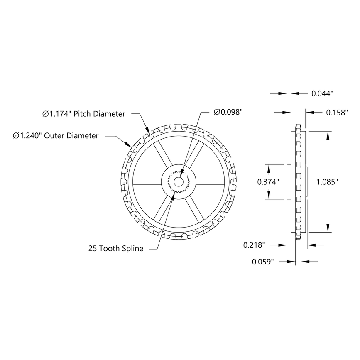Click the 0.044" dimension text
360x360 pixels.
[323, 94]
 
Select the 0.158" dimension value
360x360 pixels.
[336, 113]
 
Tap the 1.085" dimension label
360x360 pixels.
[328, 182]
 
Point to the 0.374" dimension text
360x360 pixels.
[268, 182]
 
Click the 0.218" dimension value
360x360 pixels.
[254, 245]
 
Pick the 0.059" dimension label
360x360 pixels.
[263, 262]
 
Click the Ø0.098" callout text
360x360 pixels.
[228, 112]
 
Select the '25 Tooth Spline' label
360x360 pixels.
[116, 249]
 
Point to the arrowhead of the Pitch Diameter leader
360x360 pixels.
[148, 132]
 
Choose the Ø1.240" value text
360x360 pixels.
[27, 135]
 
